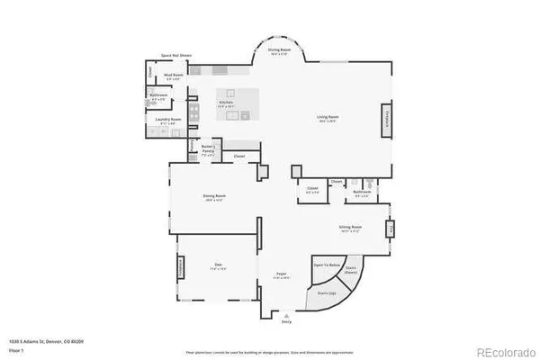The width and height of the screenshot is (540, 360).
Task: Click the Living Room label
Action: coord(327,117)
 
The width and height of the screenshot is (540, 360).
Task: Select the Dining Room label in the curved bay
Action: coord(279,51)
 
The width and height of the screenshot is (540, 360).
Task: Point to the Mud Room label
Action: coord(173,76)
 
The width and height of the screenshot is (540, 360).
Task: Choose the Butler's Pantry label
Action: coord(207,152)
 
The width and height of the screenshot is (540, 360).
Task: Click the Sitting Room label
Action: coord(350,228)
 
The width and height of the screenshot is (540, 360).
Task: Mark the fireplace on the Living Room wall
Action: coord(387,121)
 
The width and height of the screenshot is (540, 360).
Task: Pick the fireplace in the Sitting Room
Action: coord(390,229)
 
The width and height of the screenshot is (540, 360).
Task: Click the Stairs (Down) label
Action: coord(351,268)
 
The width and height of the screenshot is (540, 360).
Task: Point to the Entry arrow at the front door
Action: coord(286,319)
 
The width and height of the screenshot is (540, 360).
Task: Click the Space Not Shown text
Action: coord(175,55)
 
